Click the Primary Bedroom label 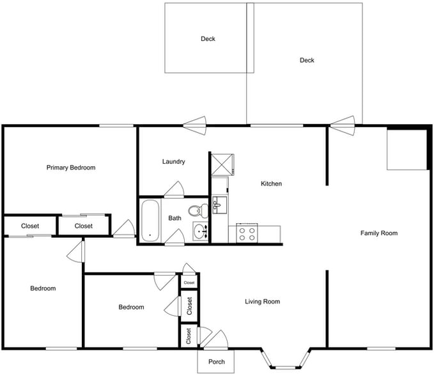tap(71, 168)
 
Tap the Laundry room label tap(174, 162)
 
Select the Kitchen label tap(271, 184)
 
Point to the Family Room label tap(379, 233)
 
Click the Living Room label tap(263, 301)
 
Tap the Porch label tap(217, 362)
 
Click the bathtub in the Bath tap(150, 220)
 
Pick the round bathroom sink tap(201, 231)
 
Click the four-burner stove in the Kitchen tap(246, 233)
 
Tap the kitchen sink tap(219, 205)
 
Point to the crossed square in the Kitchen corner tap(222, 164)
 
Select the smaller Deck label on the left tap(208, 39)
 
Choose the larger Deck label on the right tap(307, 61)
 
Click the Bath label tap(174, 219)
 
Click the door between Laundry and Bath tap(174, 190)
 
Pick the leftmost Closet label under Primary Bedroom tap(30, 226)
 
